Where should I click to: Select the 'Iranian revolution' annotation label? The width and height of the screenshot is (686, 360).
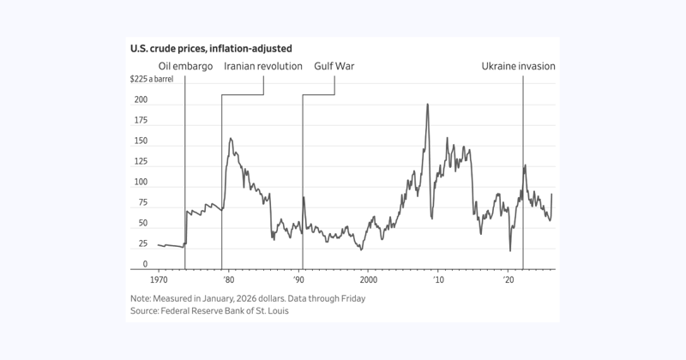click(263, 66)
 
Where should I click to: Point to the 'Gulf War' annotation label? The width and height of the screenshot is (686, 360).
click(334, 66)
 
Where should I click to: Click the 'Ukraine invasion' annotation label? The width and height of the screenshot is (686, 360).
click(517, 66)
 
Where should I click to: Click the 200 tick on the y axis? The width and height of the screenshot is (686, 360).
click(141, 100)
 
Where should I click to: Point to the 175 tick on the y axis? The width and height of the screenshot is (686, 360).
click(141, 121)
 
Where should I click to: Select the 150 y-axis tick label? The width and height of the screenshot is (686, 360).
click(141, 141)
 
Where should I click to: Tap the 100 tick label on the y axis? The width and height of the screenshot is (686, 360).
click(141, 183)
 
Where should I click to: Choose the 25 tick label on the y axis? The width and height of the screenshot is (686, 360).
click(142, 244)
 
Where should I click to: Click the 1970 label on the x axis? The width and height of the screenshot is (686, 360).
click(159, 280)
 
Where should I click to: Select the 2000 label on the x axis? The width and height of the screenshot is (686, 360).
click(369, 280)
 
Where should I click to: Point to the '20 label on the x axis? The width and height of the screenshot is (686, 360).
click(508, 280)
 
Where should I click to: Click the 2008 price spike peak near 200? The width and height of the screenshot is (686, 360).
click(427, 105)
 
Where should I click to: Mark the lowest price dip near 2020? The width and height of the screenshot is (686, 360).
click(510, 251)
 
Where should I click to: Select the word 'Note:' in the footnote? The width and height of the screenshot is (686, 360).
click(141, 298)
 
